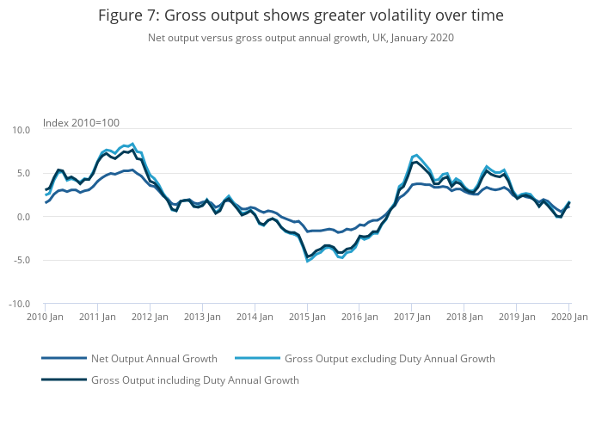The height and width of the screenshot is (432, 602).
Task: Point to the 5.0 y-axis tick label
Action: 23,173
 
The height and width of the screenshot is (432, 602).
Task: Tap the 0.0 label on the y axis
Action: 23,217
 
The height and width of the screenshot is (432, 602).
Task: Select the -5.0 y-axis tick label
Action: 21,260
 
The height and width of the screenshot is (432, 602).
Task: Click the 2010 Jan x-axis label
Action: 45,317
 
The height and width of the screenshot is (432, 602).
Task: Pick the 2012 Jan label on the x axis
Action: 150,317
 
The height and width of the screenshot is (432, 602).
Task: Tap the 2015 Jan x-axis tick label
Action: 307,317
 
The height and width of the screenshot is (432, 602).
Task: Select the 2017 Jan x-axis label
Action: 412,317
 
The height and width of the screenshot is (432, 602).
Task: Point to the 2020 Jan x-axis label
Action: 568,317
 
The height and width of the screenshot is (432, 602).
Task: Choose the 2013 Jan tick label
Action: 202,317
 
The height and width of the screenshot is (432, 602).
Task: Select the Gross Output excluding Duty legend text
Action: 390,358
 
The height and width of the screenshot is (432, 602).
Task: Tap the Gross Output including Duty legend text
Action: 194,380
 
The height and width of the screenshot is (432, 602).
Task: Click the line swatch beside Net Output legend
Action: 64,358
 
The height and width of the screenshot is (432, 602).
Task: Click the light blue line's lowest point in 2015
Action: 307,261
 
